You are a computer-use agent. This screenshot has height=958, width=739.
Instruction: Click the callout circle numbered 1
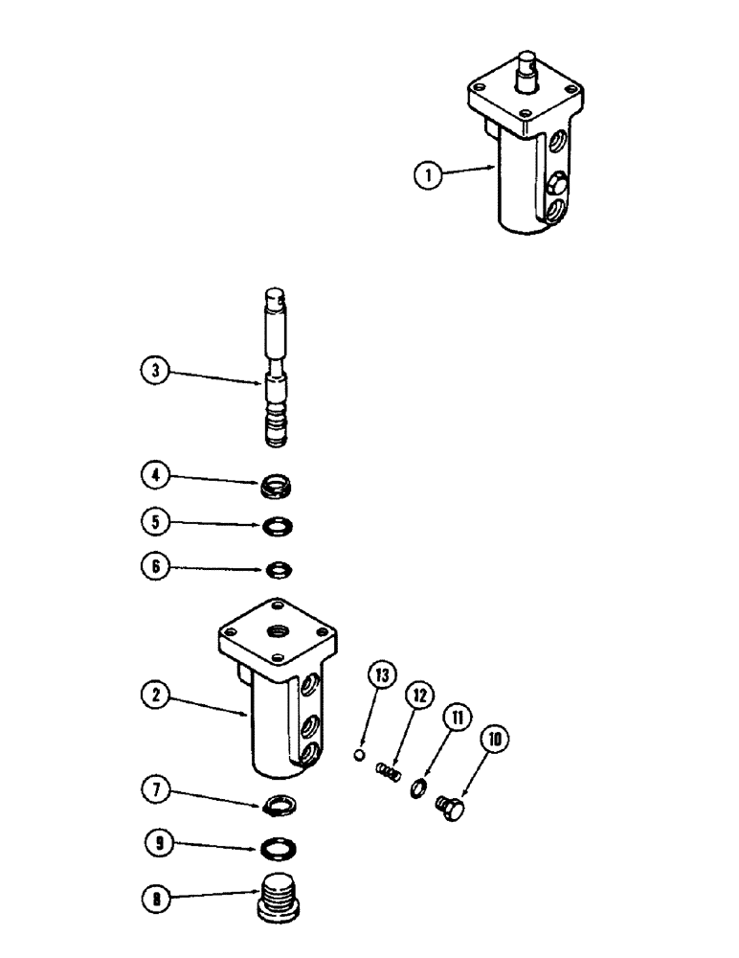[x=429, y=176]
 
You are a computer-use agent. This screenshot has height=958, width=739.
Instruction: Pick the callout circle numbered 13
[x=382, y=675]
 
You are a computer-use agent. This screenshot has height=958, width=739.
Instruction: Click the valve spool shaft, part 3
[x=279, y=368]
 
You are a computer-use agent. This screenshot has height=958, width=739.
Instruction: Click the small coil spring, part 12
[x=388, y=771]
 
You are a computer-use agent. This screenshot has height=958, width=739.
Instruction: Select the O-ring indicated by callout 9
[x=280, y=849]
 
